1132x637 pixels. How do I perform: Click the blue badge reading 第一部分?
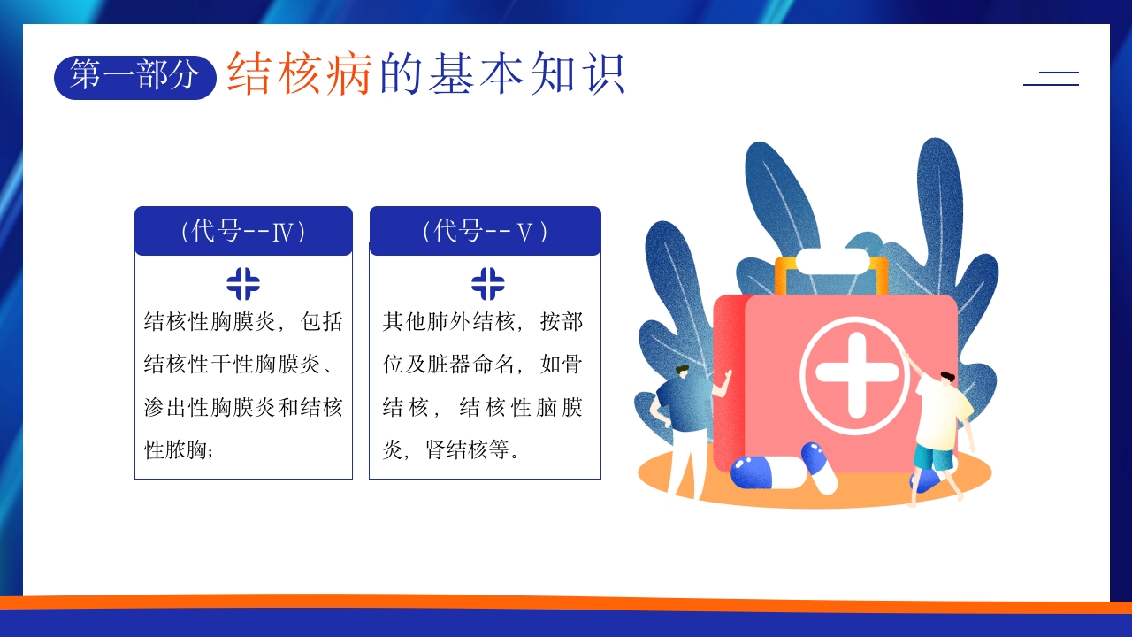click(135, 77)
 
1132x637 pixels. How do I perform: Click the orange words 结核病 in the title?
click(300, 73)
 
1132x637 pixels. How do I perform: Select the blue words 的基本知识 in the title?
click(502, 73)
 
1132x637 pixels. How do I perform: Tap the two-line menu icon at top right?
click(1052, 79)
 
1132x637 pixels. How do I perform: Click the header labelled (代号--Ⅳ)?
click(243, 231)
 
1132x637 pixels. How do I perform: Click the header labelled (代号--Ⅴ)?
click(486, 231)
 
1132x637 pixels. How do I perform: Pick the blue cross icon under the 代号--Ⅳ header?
click(243, 284)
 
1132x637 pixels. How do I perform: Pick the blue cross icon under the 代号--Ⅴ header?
click(487, 284)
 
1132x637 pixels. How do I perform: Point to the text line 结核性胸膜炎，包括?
click(243, 321)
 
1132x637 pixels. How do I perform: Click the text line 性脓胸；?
click(179, 449)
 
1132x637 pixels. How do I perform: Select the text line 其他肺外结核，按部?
click(483, 321)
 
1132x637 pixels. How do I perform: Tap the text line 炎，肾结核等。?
click(451, 449)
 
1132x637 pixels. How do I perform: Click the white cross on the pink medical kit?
click(857, 375)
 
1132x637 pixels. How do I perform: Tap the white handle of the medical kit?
click(832, 261)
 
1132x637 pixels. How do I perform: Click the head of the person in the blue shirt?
click(682, 372)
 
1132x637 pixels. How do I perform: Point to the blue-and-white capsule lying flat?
click(769, 472)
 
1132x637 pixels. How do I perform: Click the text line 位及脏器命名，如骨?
click(483, 364)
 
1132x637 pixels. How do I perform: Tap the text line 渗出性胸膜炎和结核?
click(243, 407)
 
